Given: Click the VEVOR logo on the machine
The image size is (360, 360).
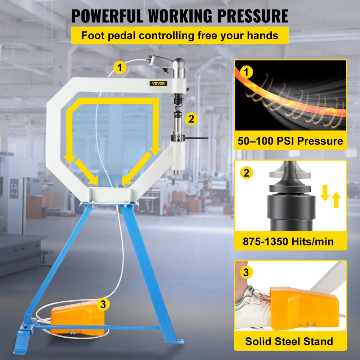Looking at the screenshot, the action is tap(158, 84).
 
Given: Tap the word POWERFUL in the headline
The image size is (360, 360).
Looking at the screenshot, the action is tap(107, 16).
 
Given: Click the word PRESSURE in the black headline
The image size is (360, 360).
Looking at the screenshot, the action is tap(253, 16).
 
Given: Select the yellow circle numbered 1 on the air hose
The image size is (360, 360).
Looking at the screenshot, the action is tap(120, 68).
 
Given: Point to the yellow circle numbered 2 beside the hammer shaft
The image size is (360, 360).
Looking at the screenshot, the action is tap(191, 119).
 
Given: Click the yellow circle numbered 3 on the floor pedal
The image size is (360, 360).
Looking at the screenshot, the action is tap(103, 304).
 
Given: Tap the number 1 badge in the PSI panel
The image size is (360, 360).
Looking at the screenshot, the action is tap(246, 72).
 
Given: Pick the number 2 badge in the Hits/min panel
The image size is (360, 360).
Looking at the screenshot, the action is tap(246, 173).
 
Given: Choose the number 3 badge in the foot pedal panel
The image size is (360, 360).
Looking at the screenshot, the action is tap(246, 273).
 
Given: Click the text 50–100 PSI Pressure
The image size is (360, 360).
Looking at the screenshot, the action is tap(290, 141).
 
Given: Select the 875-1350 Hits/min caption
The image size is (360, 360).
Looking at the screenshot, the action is tap(288, 242).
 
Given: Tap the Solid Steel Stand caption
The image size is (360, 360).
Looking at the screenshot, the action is tap(289, 341).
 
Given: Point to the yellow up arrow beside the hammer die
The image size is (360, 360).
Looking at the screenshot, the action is tap(336, 200).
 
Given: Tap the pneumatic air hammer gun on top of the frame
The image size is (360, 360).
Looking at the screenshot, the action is tap(167, 66).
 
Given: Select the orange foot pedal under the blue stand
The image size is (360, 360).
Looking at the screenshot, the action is tap(77, 318).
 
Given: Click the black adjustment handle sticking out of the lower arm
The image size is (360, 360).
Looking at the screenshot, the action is tap(197, 138).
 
